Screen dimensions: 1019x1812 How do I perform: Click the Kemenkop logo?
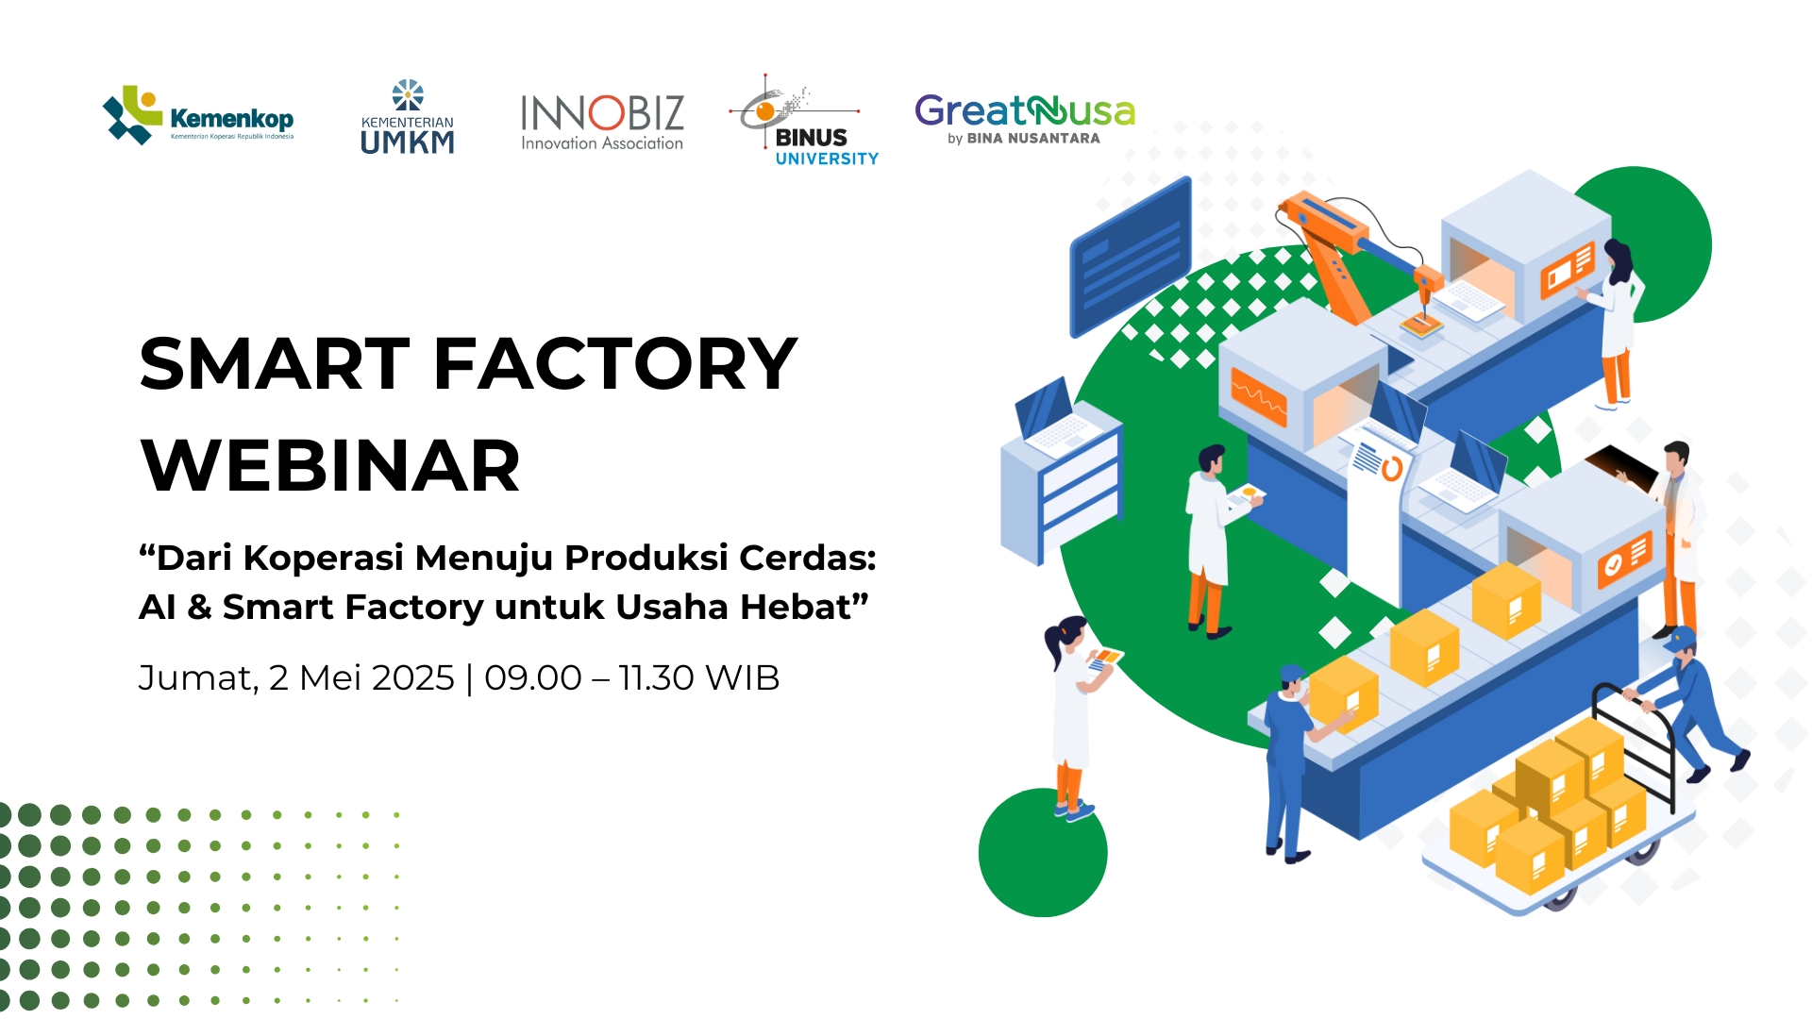(198, 117)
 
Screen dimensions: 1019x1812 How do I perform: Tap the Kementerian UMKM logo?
(408, 118)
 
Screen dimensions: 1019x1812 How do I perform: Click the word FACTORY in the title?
(614, 364)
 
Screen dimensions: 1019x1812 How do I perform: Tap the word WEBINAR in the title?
(330, 466)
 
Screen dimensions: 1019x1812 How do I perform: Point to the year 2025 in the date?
(409, 677)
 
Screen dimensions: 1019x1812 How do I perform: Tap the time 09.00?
(533, 677)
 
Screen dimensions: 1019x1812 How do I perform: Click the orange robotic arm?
(1350, 250)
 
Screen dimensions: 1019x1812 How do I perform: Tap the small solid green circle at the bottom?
(1043, 852)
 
